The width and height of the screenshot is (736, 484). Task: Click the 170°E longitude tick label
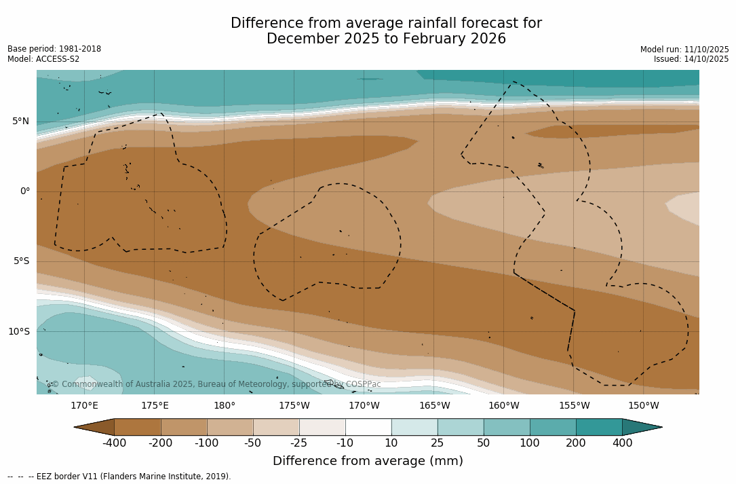coord(84,406)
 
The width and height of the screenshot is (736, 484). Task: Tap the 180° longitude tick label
coord(224,406)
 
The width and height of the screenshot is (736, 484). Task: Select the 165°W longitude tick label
coord(434,406)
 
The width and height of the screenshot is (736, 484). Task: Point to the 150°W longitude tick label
coord(643,406)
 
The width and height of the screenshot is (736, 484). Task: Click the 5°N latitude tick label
coord(20,122)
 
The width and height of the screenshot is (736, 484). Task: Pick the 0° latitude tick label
coord(24,191)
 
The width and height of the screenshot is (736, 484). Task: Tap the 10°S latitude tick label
coord(18,332)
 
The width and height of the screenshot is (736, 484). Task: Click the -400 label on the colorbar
coord(114,443)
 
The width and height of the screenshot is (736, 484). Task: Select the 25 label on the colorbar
coord(438,443)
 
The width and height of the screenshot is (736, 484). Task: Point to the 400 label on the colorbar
coord(622,443)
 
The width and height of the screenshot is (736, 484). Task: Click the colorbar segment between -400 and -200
coord(137,427)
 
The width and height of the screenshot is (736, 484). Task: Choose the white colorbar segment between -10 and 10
coord(368,427)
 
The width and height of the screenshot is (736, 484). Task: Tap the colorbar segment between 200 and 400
coord(599,427)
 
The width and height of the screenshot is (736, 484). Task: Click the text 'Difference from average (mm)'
coord(368,462)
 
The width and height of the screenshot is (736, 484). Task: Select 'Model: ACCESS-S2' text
coord(43,59)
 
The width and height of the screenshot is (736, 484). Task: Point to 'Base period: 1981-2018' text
coord(54,49)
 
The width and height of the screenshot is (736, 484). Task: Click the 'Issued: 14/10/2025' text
coord(691,59)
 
